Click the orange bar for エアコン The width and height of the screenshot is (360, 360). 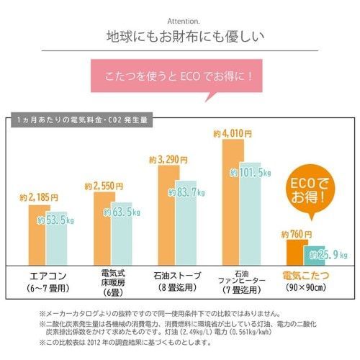[x=40, y=234]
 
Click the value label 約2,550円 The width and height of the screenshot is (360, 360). [x=102, y=186]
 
